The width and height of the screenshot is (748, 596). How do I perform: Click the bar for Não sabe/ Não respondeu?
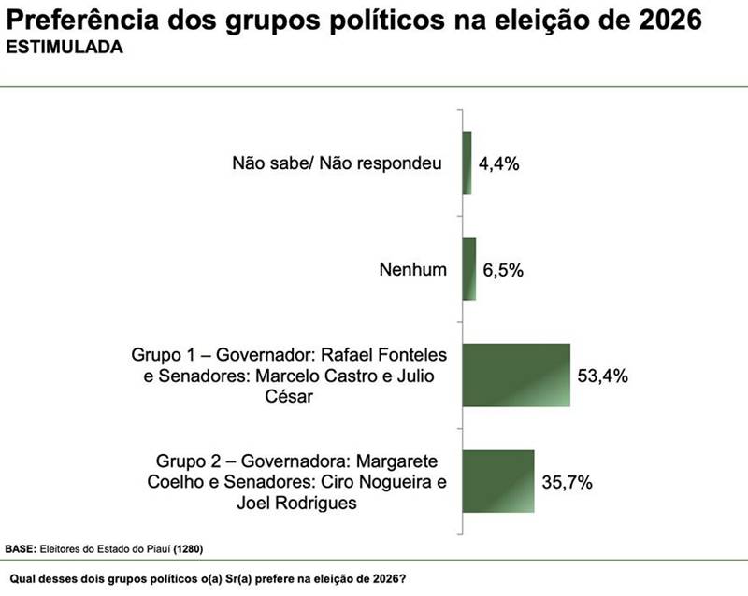click(x=467, y=163)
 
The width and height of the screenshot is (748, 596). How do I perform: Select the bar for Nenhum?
click(x=469, y=269)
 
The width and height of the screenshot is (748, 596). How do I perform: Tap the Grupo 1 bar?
click(x=516, y=376)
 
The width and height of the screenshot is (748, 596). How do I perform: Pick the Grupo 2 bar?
click(x=498, y=482)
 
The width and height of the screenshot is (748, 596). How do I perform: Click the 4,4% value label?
click(x=498, y=163)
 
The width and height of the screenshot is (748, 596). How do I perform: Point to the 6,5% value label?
click(x=503, y=270)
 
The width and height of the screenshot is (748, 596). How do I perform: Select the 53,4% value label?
click(x=602, y=376)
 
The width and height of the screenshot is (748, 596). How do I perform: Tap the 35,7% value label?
click(x=567, y=483)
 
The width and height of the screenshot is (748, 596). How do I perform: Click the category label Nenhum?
click(x=412, y=270)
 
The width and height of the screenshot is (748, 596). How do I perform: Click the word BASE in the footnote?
click(x=21, y=548)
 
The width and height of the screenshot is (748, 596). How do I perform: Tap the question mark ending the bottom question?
click(x=403, y=576)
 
